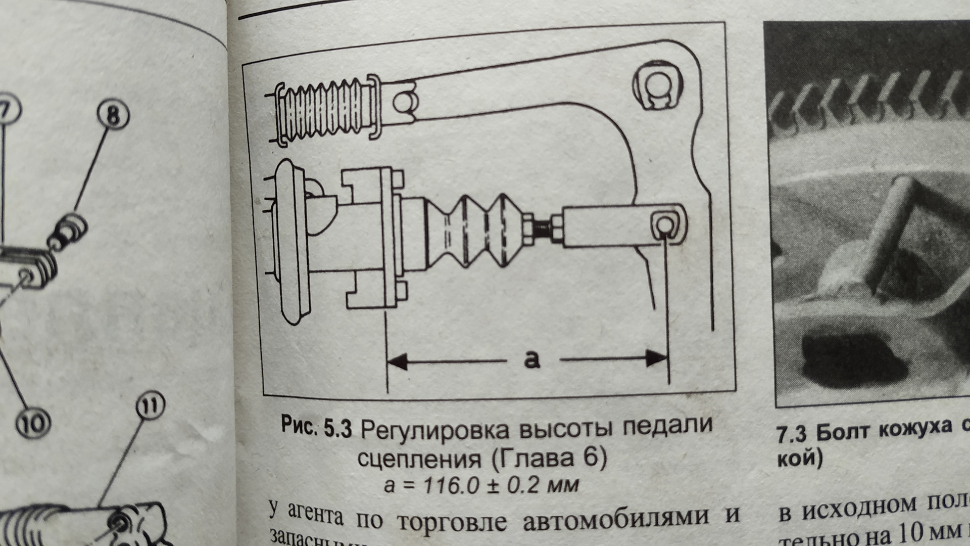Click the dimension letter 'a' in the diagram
pyautogui.click(x=532, y=359)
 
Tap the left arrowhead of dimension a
pyautogui.click(x=397, y=361)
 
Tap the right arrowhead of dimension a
pyautogui.click(x=657, y=359)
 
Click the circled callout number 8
pyautogui.click(x=113, y=116)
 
